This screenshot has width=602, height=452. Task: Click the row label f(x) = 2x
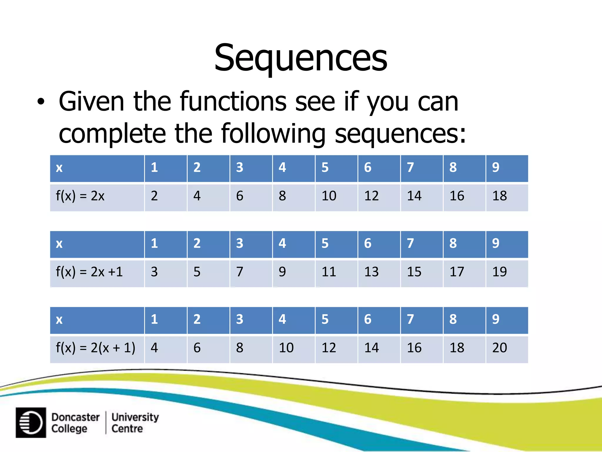tap(80, 196)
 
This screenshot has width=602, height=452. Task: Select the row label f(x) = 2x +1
tap(89, 272)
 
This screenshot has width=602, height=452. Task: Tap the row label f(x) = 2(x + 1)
tap(96, 348)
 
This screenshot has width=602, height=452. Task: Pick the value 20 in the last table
tap(499, 348)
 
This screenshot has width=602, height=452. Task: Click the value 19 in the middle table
tap(499, 272)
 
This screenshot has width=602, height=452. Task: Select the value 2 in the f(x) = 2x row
tap(154, 196)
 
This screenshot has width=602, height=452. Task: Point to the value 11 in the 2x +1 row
tap(329, 272)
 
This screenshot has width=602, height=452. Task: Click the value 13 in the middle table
tap(371, 272)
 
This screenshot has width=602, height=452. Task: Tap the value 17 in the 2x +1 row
tap(457, 272)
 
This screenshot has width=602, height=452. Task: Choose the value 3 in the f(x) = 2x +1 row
tap(154, 272)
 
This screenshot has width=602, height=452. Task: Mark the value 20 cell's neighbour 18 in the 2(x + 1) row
tap(457, 348)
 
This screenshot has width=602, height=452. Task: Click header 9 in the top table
tap(496, 167)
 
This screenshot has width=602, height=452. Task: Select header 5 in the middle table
tap(325, 243)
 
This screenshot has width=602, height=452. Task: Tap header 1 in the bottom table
tap(154, 319)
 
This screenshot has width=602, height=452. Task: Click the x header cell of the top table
tap(59, 168)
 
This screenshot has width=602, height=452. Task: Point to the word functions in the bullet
tap(233, 102)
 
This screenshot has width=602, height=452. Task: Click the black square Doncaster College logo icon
tap(31, 423)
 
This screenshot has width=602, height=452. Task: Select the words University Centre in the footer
tap(135, 423)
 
